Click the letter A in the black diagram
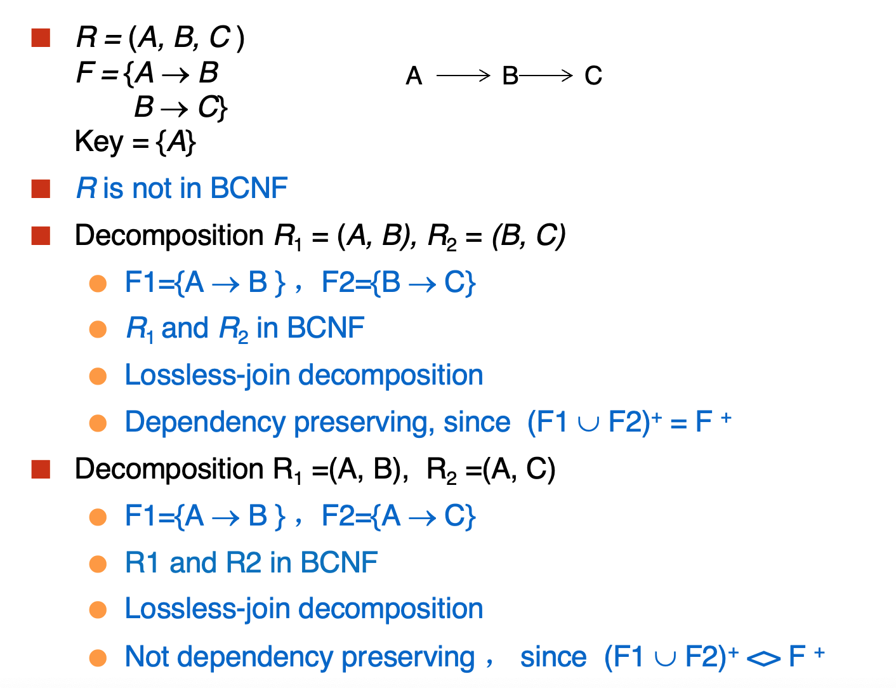(414, 76)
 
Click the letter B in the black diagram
(510, 76)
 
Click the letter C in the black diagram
(593, 76)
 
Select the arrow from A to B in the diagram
(463, 76)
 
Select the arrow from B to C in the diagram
(546, 76)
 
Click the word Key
(99, 143)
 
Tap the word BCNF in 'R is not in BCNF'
(249, 189)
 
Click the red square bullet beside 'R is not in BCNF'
(41, 189)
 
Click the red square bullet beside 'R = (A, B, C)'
(41, 38)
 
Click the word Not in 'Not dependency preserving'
(147, 656)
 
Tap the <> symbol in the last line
(763, 658)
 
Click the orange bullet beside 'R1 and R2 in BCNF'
(98, 564)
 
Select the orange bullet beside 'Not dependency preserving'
(98, 658)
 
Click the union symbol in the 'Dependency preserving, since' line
(588, 424)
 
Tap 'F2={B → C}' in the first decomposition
(399, 283)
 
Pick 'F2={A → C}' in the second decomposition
(399, 517)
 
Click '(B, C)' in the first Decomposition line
(529, 236)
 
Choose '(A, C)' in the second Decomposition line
(518, 470)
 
